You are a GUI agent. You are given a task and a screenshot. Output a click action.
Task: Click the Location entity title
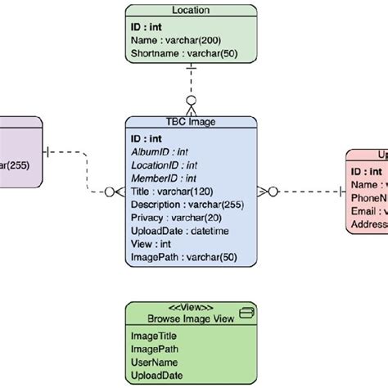[191, 11]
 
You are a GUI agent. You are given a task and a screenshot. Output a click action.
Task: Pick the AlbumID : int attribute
[160, 152]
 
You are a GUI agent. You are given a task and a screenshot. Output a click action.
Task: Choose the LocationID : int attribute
[165, 165]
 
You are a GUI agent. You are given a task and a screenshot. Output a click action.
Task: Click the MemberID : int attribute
[163, 178]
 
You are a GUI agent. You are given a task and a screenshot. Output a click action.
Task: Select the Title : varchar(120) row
[170, 192]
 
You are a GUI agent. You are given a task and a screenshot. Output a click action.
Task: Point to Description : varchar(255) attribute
[184, 205]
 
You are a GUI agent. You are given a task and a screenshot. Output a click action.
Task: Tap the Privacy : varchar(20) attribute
[174, 218]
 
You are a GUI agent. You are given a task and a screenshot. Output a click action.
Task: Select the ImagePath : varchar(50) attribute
[183, 257]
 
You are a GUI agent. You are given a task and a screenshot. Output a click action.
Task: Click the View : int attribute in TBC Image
[151, 244]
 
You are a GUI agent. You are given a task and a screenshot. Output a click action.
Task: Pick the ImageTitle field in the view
[153, 336]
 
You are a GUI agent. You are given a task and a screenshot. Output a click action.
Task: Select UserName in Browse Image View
[154, 362]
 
